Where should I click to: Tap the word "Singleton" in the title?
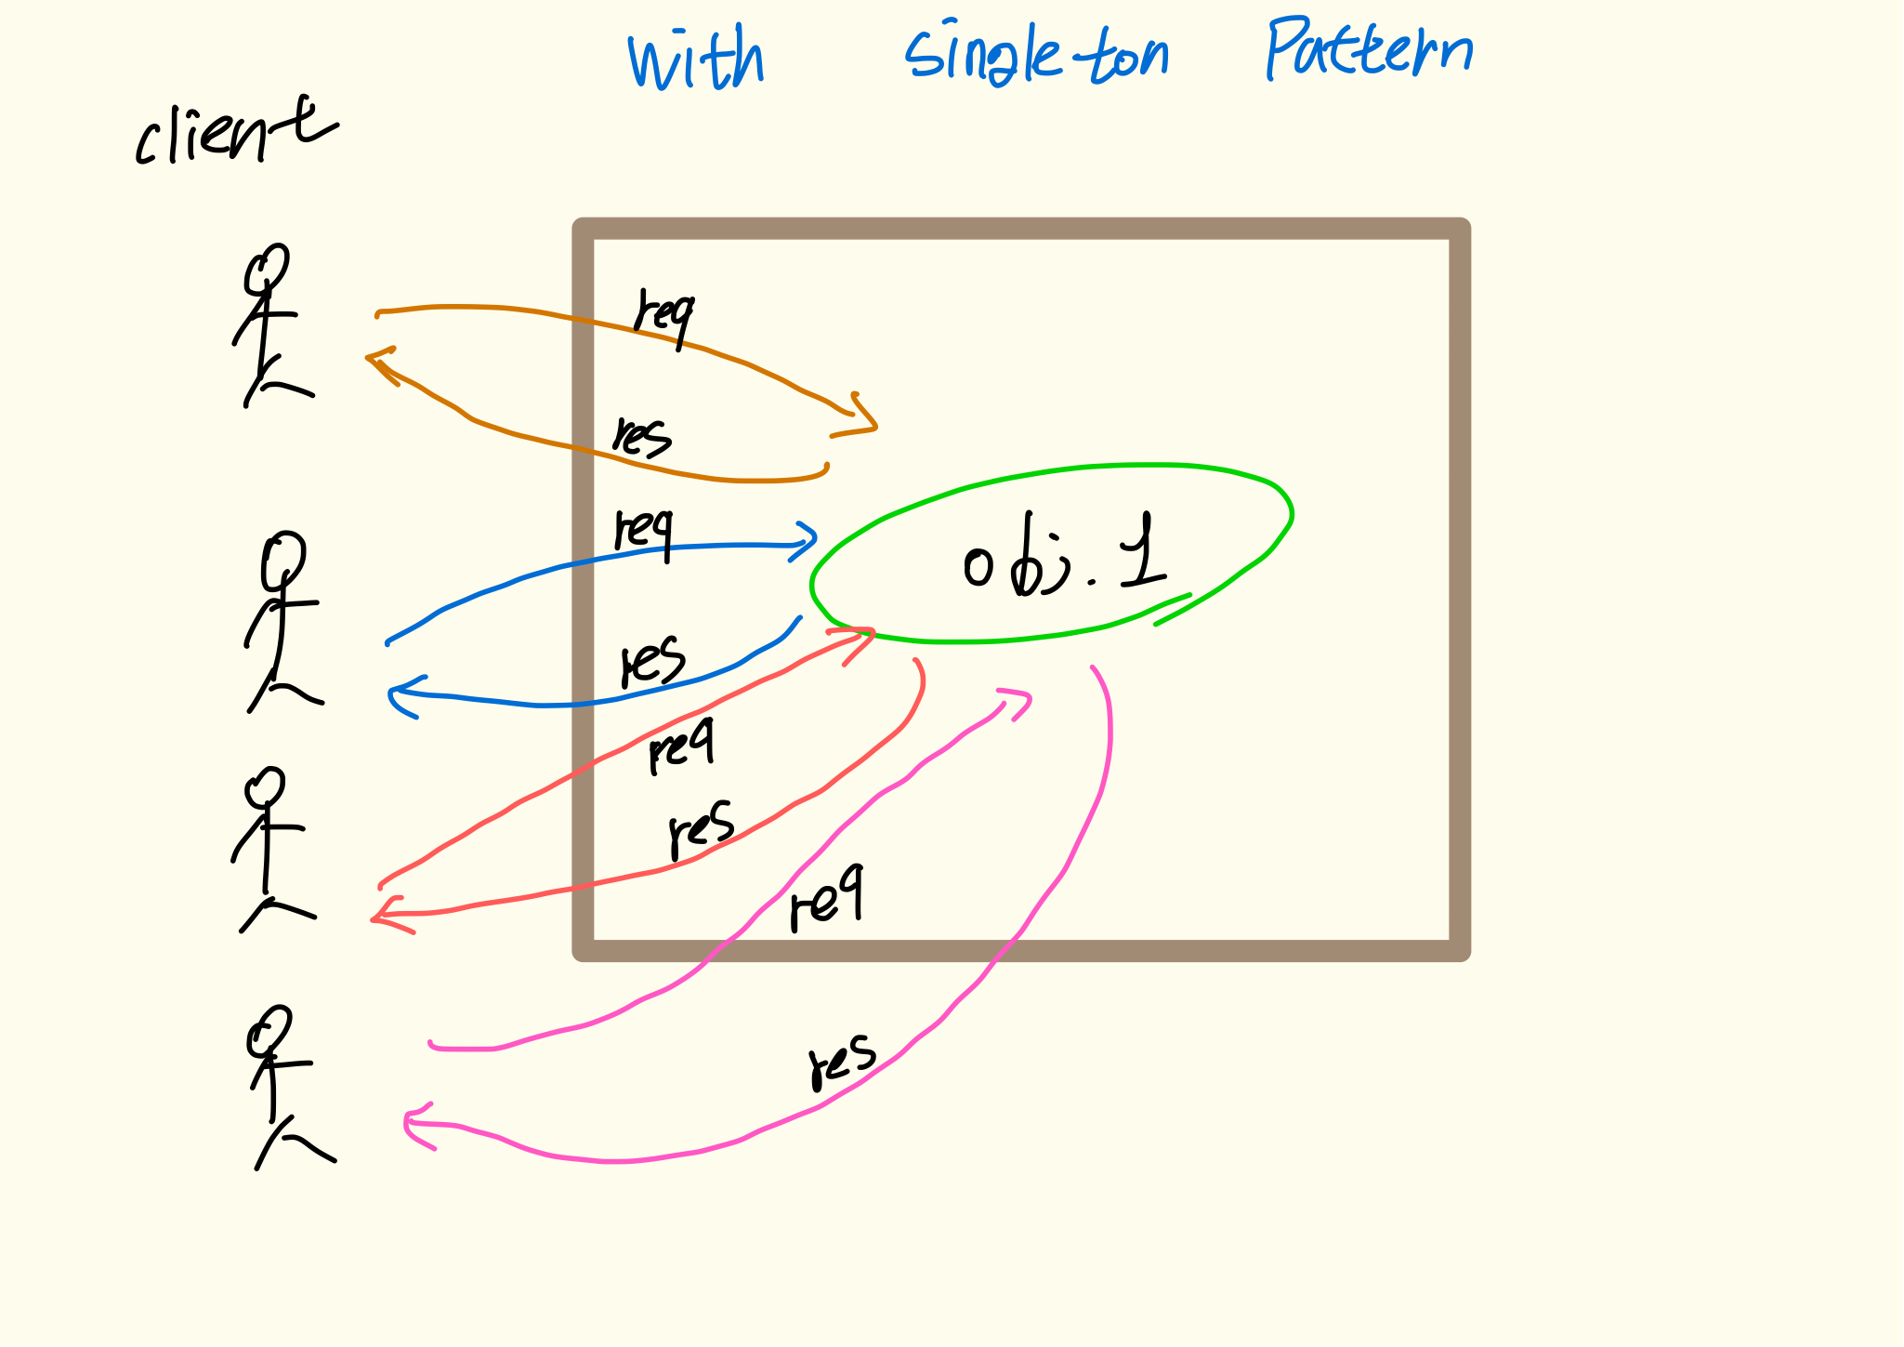pos(1036,54)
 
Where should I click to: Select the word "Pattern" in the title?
pos(1369,48)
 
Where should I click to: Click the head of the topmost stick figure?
pos(268,267)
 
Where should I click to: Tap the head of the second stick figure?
pos(283,559)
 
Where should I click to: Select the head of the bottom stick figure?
pos(269,1030)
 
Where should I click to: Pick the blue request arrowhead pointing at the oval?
pos(805,539)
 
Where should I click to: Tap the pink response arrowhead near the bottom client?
pos(414,1125)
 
